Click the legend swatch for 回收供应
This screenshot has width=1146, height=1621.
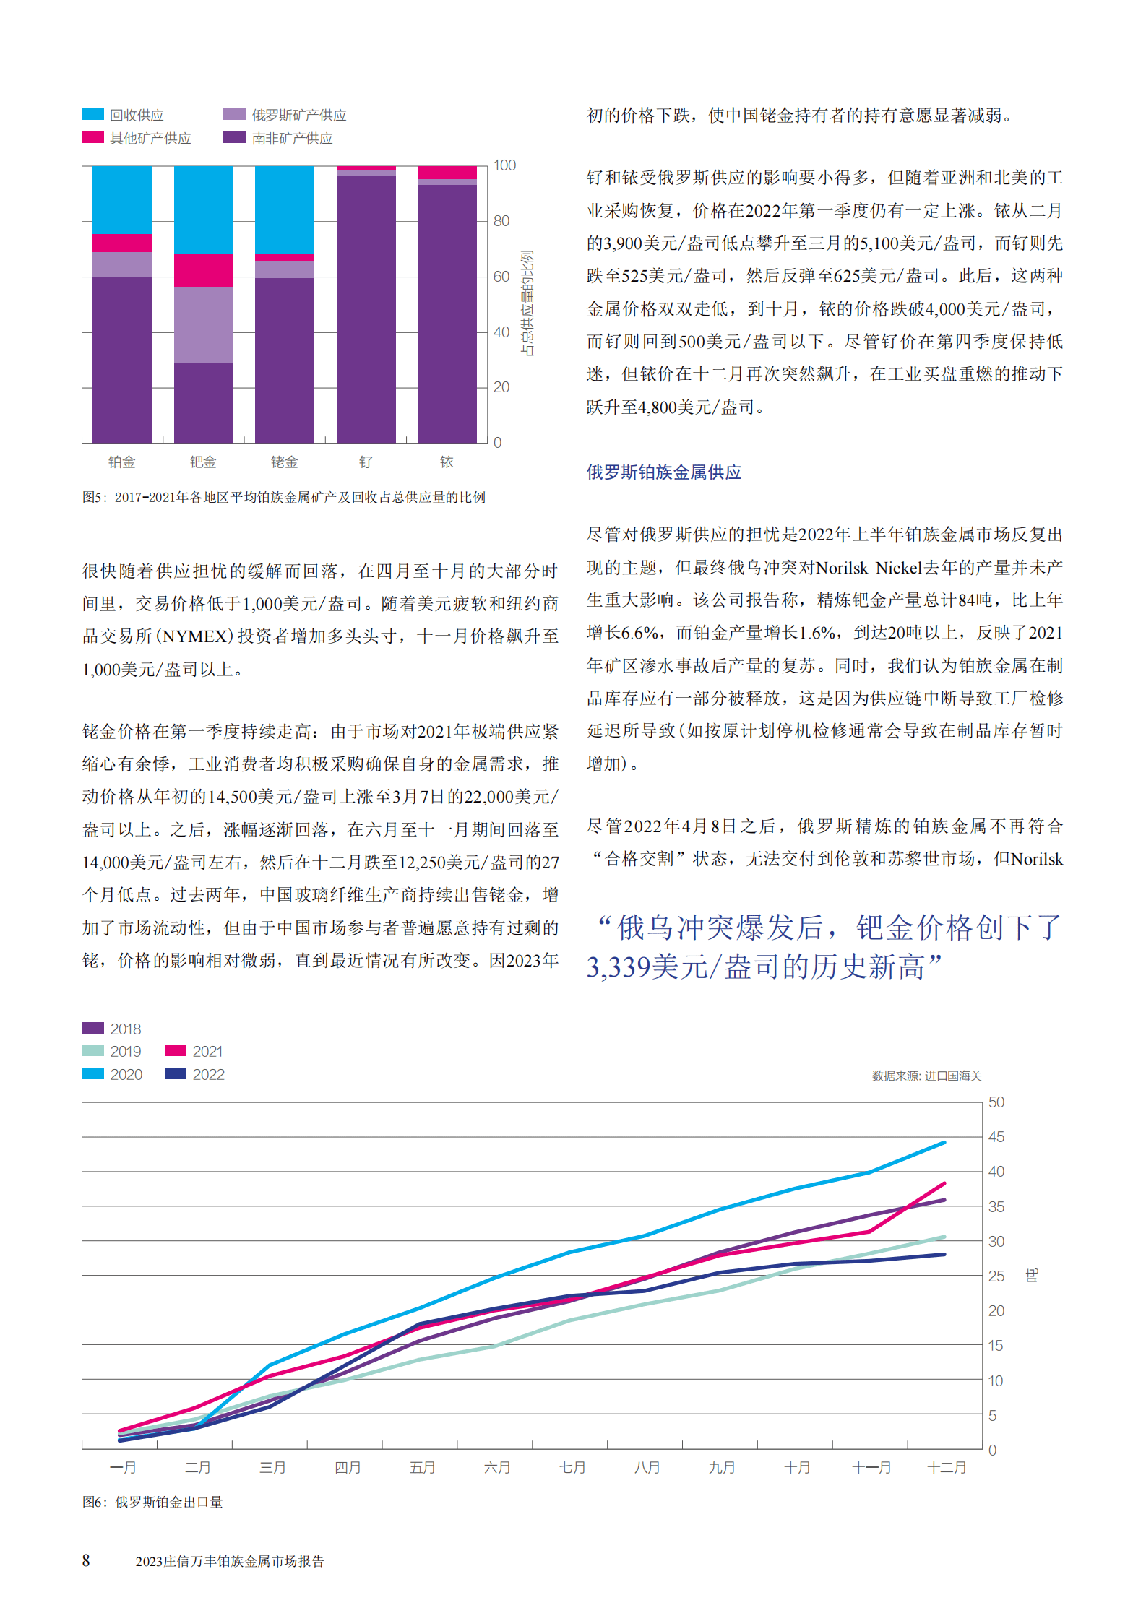[x=92, y=114]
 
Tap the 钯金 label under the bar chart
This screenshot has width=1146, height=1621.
[x=203, y=462]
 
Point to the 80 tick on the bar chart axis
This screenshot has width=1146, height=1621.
[x=501, y=221]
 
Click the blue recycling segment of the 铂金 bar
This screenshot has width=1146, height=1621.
[x=122, y=199]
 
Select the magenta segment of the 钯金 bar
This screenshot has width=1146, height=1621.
[x=203, y=270]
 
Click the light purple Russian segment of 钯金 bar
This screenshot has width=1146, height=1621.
[x=203, y=324]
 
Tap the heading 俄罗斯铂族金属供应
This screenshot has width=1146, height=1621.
[x=663, y=472]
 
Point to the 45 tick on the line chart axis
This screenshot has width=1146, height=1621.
[x=996, y=1137]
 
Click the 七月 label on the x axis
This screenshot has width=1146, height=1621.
[x=572, y=1467]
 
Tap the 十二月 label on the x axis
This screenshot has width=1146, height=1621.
[x=947, y=1467]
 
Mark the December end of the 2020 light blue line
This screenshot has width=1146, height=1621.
[x=944, y=1143]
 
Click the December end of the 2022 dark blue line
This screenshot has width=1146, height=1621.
[x=944, y=1255]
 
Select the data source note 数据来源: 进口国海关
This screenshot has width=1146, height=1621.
[x=926, y=1076]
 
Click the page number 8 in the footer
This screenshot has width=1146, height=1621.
[x=86, y=1560]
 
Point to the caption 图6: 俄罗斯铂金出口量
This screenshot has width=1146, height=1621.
[x=152, y=1502]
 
